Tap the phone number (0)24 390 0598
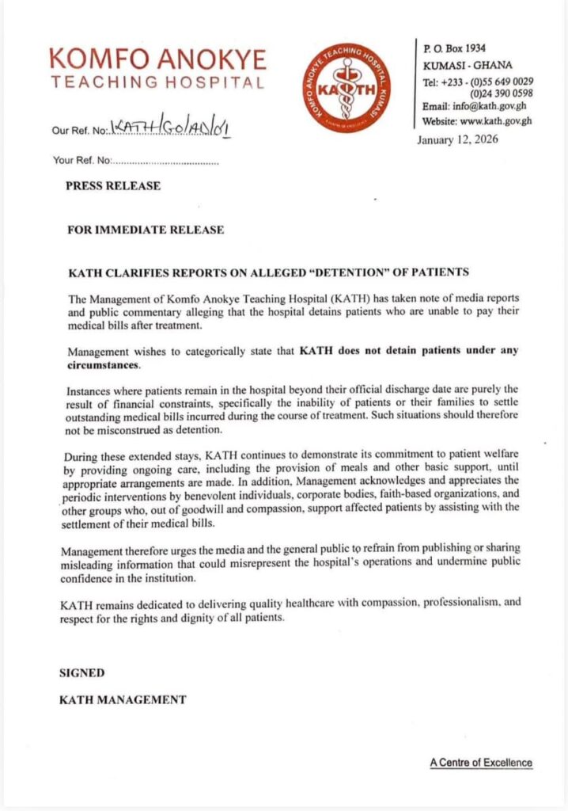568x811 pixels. [501, 93]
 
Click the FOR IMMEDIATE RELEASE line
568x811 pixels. [146, 230]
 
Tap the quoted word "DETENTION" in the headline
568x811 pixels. [333, 272]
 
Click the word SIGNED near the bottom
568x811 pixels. [82, 672]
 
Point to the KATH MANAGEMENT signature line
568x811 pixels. [123, 699]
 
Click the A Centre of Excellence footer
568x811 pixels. [481, 763]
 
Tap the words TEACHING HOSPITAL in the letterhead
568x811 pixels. [157, 82]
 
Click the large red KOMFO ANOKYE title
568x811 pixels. [157, 58]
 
